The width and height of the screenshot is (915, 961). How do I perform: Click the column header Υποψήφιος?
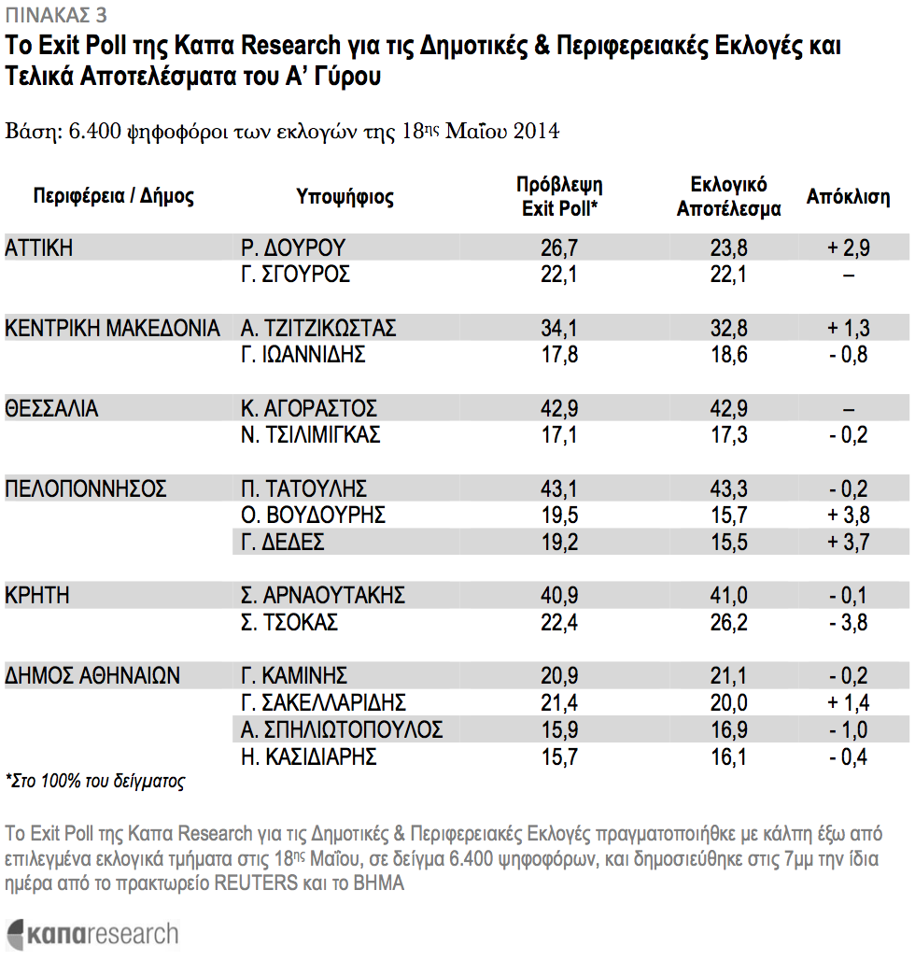[345, 197]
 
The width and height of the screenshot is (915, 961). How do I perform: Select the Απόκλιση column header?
[848, 197]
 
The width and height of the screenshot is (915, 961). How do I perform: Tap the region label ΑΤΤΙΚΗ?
[38, 248]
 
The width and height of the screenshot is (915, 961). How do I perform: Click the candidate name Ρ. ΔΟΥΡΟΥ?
[293, 248]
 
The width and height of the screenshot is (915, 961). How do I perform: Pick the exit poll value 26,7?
[559, 248]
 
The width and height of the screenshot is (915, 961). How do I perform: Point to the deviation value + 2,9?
[848, 248]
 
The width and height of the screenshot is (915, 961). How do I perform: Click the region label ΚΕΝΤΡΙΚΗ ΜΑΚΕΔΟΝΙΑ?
[112, 329]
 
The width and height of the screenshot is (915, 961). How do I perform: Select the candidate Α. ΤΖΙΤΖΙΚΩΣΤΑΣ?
[318, 329]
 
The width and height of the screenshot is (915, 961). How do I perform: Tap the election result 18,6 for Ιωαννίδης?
[728, 355]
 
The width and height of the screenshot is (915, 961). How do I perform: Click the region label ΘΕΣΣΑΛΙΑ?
[51, 409]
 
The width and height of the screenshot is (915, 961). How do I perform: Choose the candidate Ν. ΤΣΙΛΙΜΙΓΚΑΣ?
[310, 435]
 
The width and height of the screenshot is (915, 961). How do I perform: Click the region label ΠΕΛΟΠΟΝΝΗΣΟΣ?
[86, 489]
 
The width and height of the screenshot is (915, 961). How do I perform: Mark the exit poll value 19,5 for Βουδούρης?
[559, 516]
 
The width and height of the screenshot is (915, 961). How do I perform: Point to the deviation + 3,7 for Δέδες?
[848, 543]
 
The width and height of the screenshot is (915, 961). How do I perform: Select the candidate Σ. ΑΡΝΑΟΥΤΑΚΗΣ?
[322, 596]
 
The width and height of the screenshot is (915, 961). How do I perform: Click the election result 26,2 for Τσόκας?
[728, 623]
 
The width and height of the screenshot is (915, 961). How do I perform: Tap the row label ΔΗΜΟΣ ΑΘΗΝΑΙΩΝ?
[92, 676]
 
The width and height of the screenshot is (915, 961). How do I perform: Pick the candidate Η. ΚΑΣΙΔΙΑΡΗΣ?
[308, 757]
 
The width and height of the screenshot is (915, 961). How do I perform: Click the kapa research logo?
[92, 935]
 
